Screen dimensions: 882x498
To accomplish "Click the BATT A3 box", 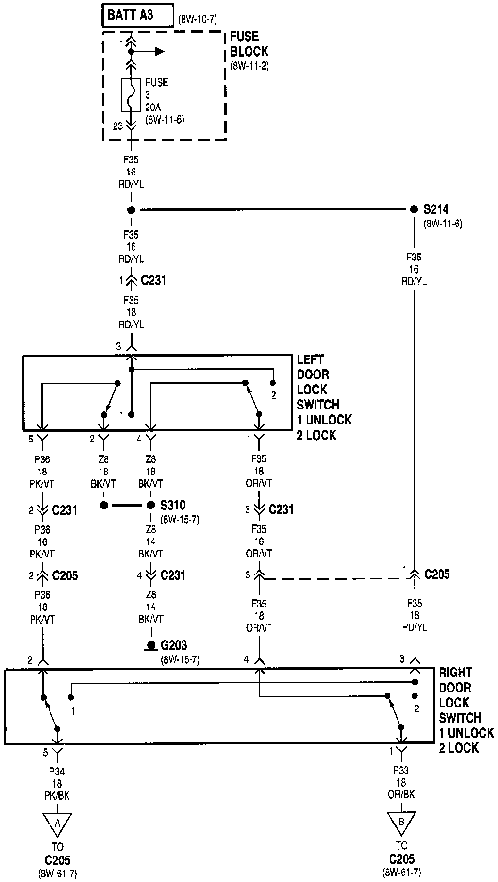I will coord(137,16).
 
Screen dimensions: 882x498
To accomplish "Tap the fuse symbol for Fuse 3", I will coord(131,95).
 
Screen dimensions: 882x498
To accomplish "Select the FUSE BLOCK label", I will coord(249,44).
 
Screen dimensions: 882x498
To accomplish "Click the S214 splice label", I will coord(436,209).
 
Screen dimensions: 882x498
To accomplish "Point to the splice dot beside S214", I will coord(414,209).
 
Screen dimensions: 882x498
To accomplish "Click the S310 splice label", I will coord(173,506).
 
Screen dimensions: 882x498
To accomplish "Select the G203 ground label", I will coord(174,645).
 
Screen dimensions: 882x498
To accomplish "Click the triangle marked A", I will coord(58,823).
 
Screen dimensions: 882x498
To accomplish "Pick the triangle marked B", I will coord(401,822).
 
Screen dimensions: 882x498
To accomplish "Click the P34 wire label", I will coord(57,772).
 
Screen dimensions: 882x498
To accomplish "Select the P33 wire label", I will coord(401,770).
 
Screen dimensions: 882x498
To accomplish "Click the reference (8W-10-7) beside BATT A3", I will coord(197,20).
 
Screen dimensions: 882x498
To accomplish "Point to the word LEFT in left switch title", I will coord(310,359).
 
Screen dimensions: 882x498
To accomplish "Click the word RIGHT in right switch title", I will coord(455,673).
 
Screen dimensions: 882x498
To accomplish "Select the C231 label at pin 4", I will coord(173,575).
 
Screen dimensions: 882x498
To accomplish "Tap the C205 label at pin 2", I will coord(65,575).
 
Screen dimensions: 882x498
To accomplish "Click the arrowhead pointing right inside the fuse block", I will coord(160,51).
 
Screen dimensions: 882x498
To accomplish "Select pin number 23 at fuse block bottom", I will coord(118,126).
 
